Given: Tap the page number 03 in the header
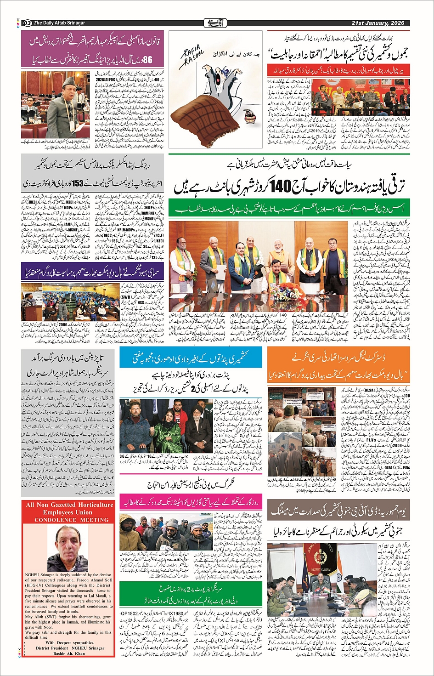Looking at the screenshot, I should (x=27, y=23).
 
